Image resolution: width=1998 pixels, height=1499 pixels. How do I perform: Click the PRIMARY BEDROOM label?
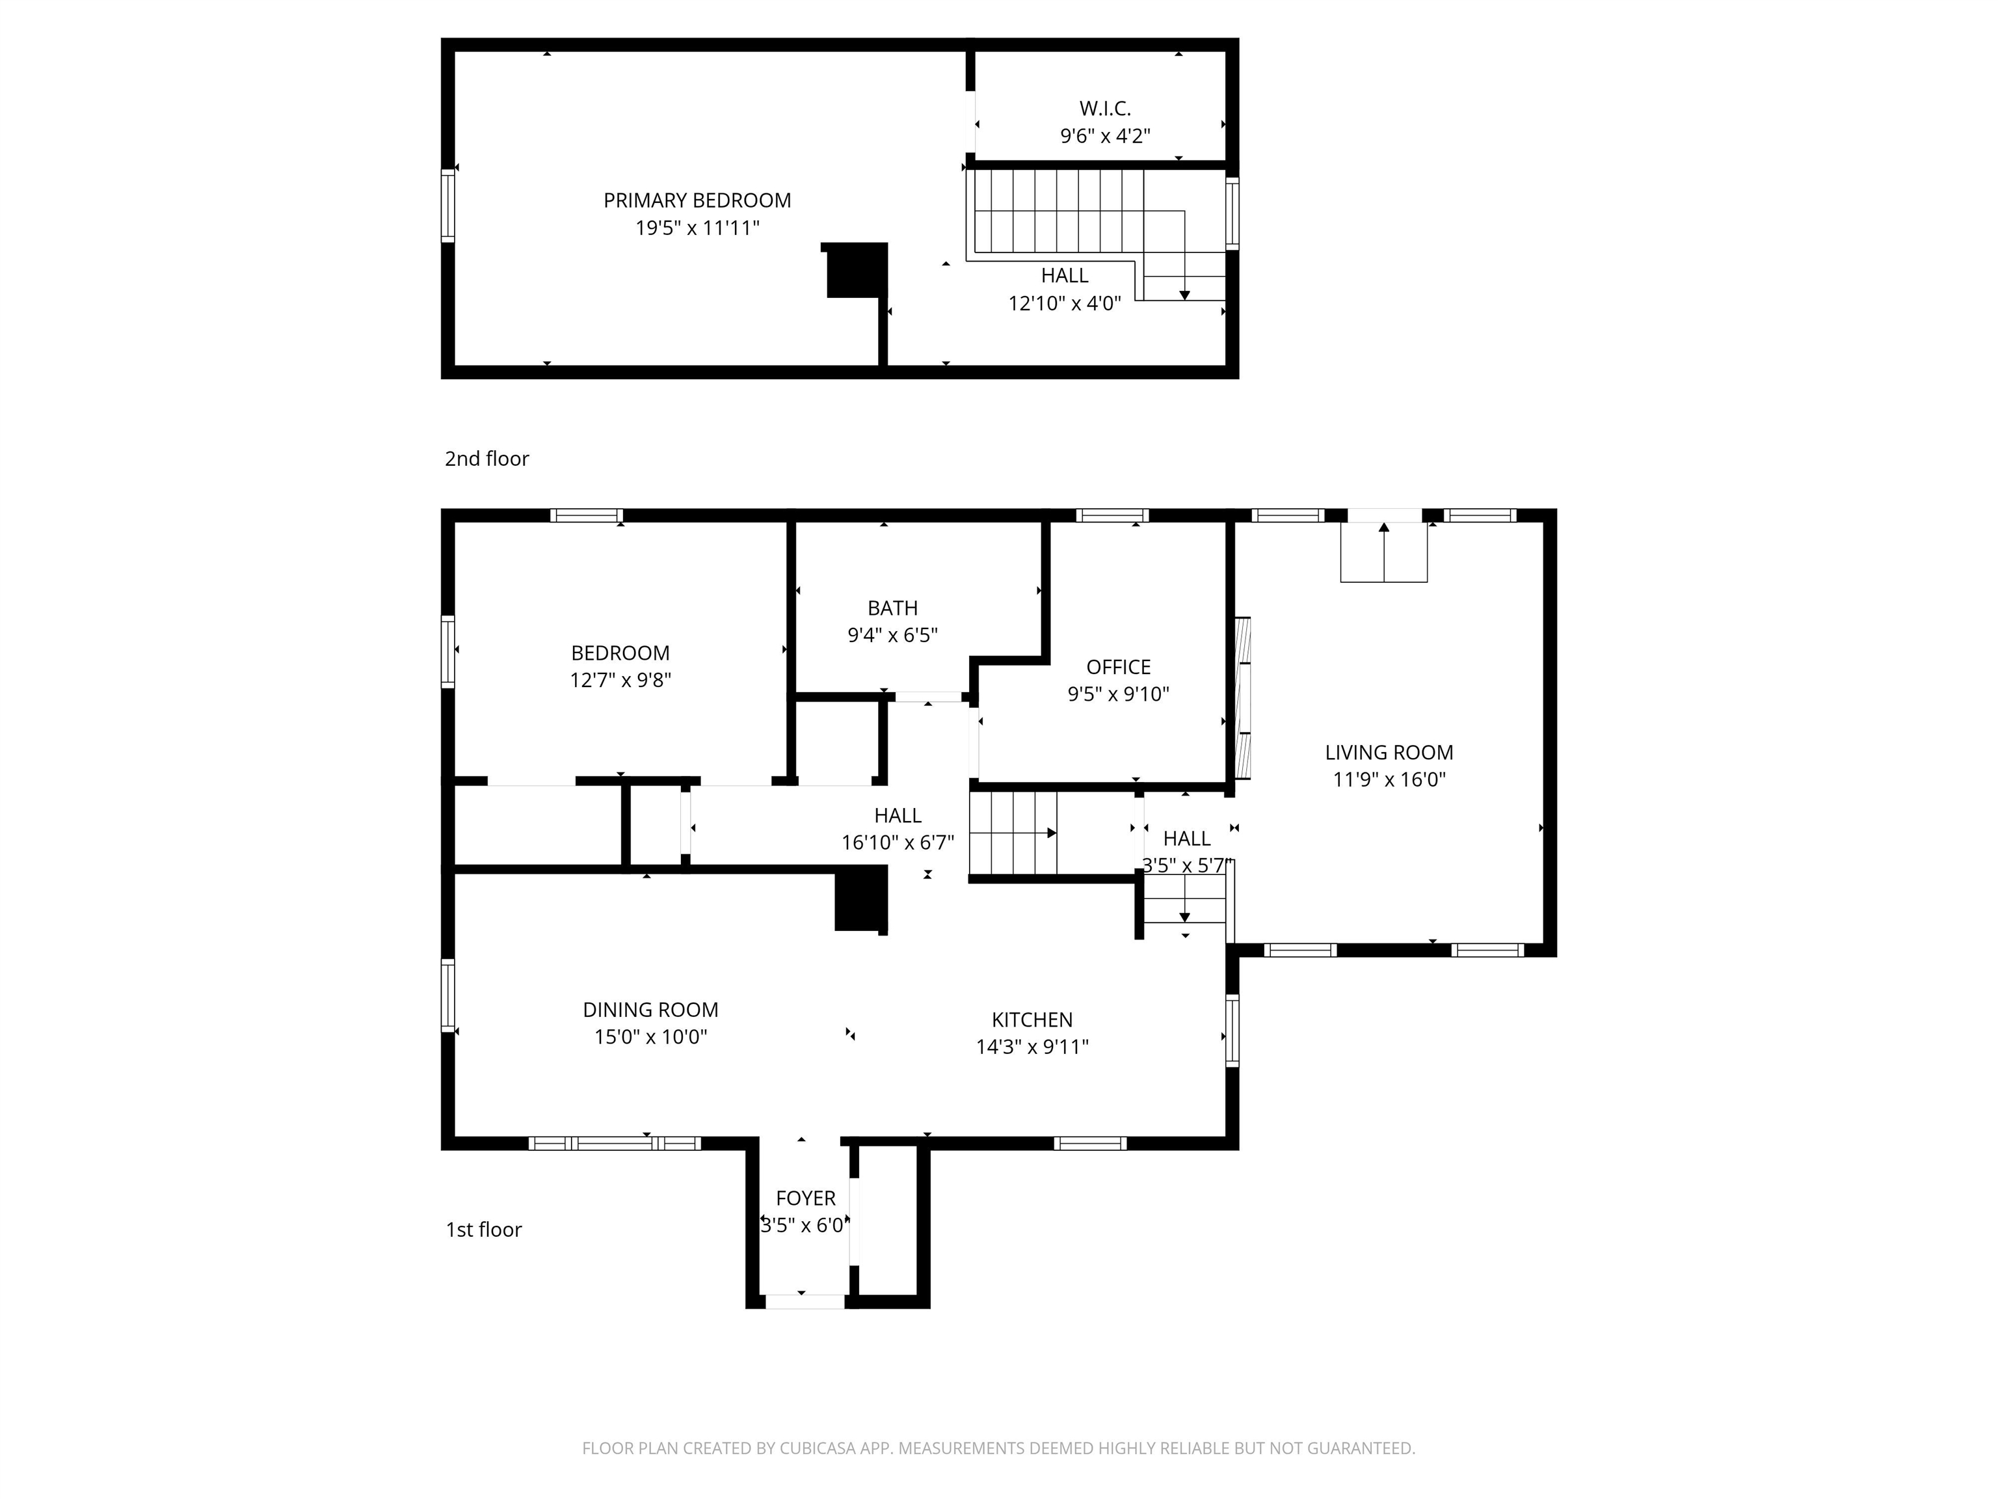(697, 200)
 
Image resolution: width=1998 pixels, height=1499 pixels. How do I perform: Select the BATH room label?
(892, 608)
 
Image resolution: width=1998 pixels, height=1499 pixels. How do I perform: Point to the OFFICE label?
(1118, 667)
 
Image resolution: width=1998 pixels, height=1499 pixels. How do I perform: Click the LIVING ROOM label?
(1389, 753)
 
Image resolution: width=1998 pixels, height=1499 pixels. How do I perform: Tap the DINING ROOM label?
(650, 1010)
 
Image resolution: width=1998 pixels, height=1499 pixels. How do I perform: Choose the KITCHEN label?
(1032, 1020)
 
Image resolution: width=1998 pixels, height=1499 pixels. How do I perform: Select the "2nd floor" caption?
(487, 459)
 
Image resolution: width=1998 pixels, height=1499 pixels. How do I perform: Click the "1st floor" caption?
(484, 1230)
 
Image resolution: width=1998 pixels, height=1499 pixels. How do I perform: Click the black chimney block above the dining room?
(861, 898)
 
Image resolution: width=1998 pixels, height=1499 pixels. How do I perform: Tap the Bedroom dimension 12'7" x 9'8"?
(620, 681)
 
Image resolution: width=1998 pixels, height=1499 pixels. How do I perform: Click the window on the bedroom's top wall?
(586, 516)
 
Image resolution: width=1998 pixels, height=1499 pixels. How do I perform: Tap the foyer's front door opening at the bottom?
(805, 1302)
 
